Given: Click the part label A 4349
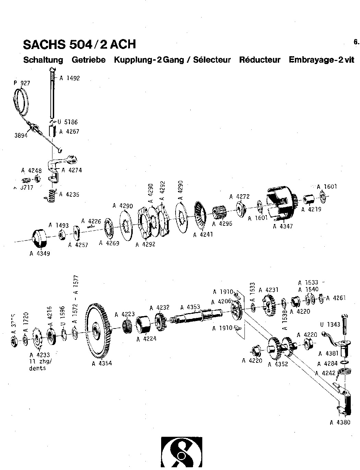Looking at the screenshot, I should (x=40, y=254).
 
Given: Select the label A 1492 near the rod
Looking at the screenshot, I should (x=69, y=78).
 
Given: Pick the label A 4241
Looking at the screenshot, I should (x=203, y=235).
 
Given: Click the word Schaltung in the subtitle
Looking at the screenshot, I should (x=43, y=60).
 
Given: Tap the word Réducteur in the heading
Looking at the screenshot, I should (x=260, y=60).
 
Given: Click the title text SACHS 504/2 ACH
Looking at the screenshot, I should (x=79, y=44).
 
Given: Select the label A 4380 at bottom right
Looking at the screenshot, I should (x=340, y=422).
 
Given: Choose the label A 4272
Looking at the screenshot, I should (x=239, y=197).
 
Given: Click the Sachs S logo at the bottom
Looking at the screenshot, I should (x=182, y=454).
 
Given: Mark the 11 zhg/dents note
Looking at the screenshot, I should (x=37, y=365).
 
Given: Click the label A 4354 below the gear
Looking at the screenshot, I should (x=102, y=363).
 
